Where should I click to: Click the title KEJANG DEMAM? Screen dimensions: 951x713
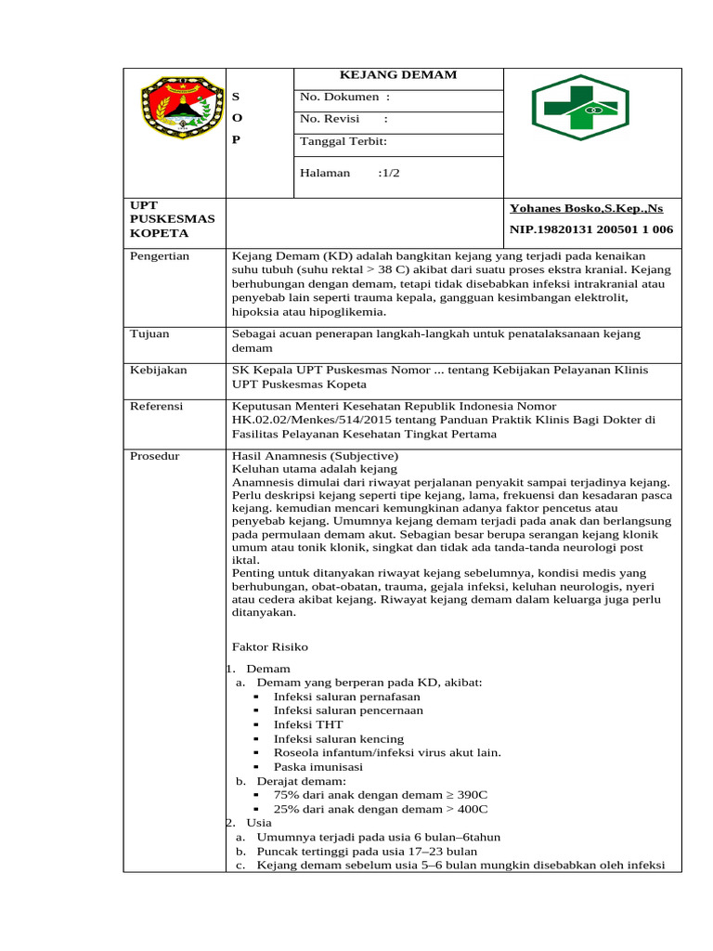pyautogui.click(x=398, y=75)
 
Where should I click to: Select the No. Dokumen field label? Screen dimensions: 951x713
pyautogui.click(x=344, y=97)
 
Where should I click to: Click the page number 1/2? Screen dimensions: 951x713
pyautogui.click(x=389, y=173)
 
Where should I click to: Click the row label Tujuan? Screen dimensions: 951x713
pyautogui.click(x=149, y=333)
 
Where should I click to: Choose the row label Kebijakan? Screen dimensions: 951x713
pyautogui.click(x=158, y=370)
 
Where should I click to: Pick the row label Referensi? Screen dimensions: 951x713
pyautogui.click(x=156, y=407)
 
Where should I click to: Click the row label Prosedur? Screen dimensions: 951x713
pyautogui.click(x=154, y=456)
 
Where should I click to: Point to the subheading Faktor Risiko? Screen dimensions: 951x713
pyautogui.click(x=269, y=646)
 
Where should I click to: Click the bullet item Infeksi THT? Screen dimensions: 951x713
pyautogui.click(x=308, y=724)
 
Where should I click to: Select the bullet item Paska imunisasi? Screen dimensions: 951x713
pyautogui.click(x=318, y=767)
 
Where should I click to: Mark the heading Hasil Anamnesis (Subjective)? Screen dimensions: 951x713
pyautogui.click(x=315, y=456)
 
